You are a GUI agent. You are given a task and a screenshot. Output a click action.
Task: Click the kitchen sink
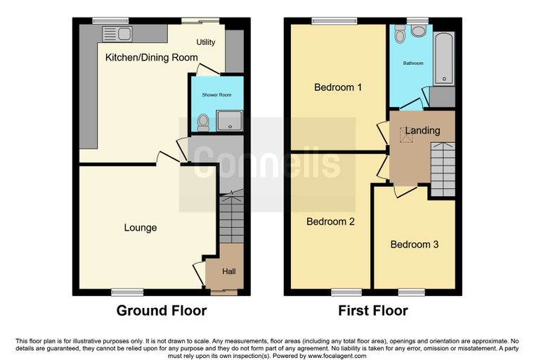[117, 34]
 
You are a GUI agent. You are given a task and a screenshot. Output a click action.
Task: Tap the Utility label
[206, 42]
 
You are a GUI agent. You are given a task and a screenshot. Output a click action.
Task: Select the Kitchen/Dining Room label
[152, 57]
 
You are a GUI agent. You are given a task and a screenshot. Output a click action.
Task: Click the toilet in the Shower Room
[203, 122]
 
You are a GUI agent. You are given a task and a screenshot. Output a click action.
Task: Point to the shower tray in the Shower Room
[230, 120]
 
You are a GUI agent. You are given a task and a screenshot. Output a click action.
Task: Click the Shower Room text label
[216, 95]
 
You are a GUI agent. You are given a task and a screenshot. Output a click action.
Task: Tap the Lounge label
[141, 228]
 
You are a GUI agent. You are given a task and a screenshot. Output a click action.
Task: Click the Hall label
[229, 271]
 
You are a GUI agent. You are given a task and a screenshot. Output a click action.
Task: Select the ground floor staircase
[231, 217]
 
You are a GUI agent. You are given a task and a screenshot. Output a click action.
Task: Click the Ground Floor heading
[162, 311]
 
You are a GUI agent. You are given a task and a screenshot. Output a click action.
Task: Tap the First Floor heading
[373, 311]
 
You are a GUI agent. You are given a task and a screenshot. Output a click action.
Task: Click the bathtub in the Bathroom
[444, 58]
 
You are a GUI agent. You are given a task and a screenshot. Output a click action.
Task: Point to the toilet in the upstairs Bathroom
[400, 34]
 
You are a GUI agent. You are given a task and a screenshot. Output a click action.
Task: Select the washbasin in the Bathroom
[419, 31]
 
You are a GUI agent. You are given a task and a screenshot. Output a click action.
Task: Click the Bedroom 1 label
[338, 87]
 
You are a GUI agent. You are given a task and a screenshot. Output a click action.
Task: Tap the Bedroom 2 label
[330, 221]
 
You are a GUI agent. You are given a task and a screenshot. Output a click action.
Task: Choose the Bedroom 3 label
[415, 245]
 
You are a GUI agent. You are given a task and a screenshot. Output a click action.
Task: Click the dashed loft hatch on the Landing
[406, 135]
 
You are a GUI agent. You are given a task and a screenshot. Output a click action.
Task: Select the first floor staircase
[443, 169]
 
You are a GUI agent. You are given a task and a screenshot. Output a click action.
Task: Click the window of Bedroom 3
[412, 292]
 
